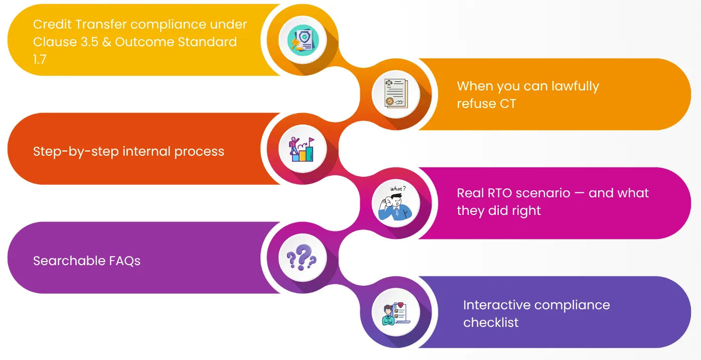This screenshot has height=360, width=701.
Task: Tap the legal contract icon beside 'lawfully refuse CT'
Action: tap(396, 94)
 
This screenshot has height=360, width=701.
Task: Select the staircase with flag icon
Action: tap(303, 149)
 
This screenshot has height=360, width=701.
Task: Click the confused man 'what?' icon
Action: tap(396, 203)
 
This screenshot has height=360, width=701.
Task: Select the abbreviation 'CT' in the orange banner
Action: tap(508, 104)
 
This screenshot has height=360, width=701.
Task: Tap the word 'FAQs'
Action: tap(124, 261)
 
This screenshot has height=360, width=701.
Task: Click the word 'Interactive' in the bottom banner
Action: tap(496, 305)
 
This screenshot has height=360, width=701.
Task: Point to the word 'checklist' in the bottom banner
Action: tap(490, 322)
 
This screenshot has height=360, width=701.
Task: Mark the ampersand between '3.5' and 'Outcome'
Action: tap(106, 42)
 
